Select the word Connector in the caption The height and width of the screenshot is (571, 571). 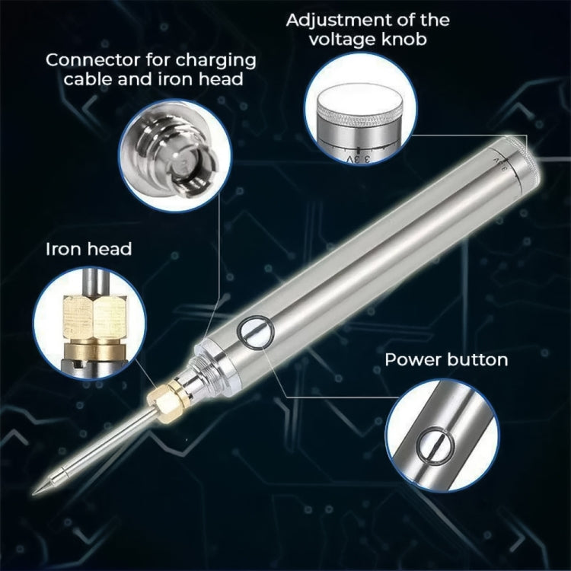(x=82, y=60)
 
